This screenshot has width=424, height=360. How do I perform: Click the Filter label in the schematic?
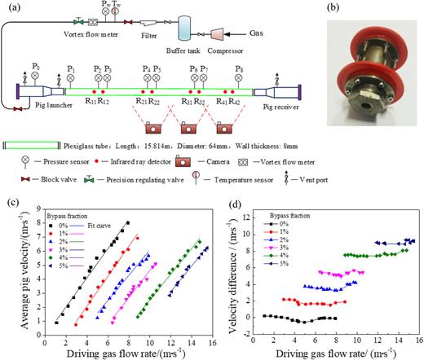[x=151, y=37]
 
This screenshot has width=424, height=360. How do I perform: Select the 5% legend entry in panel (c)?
[x=60, y=255]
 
